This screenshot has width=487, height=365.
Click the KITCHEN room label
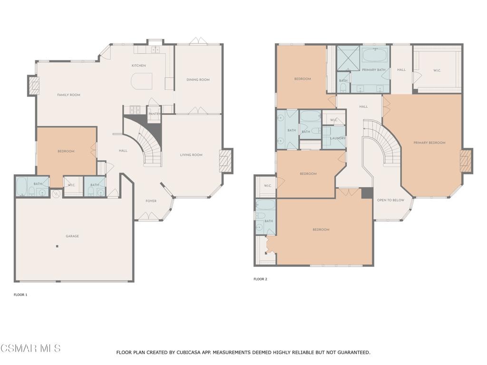click(x=139, y=66)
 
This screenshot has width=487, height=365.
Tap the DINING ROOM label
click(x=198, y=80)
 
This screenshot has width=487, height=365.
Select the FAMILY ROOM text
click(x=68, y=95)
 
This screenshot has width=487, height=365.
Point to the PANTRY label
click(x=154, y=114)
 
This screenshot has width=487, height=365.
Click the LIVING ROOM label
click(x=191, y=155)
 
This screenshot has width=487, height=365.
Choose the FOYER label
click(x=151, y=201)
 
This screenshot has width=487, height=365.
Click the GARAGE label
click(x=72, y=236)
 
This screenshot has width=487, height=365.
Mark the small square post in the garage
click(x=57, y=246)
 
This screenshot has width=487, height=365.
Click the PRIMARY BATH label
click(x=373, y=70)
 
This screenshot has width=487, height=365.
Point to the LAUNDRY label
click(x=337, y=138)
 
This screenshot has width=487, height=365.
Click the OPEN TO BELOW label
click(x=390, y=200)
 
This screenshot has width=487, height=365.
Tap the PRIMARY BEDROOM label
click(x=429, y=143)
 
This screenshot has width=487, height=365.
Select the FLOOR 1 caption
click(x=20, y=295)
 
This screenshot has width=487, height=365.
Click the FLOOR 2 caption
click(x=260, y=279)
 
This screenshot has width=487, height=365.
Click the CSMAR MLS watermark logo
click(x=30, y=348)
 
